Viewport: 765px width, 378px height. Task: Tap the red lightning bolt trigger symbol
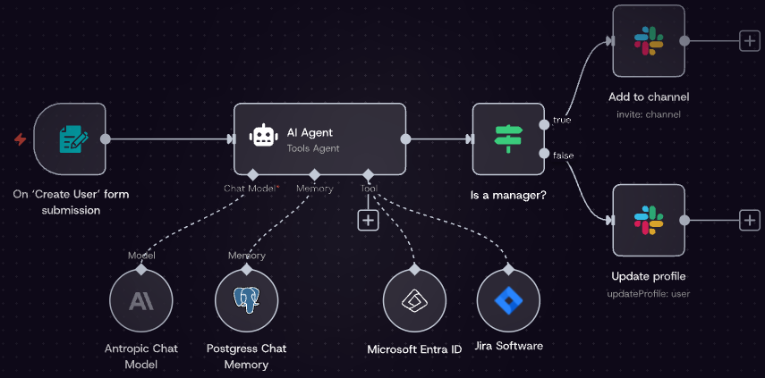click(x=20, y=139)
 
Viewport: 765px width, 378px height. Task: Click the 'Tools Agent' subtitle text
click(x=313, y=148)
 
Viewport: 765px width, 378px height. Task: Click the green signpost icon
click(x=508, y=139)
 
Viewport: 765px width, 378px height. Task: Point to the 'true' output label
click(x=562, y=119)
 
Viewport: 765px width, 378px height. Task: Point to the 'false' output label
click(x=564, y=155)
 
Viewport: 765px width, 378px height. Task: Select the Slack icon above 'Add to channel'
click(x=649, y=40)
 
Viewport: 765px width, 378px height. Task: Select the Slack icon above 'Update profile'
click(x=649, y=220)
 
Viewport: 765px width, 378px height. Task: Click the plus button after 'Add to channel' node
click(x=749, y=40)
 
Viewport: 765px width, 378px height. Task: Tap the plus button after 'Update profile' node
click(x=749, y=220)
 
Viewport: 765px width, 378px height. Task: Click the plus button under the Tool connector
click(x=368, y=220)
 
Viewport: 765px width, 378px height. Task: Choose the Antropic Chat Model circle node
click(x=140, y=300)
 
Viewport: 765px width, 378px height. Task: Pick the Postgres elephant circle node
click(x=246, y=300)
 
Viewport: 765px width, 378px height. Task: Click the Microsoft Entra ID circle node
click(x=414, y=300)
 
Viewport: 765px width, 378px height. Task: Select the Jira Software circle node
click(x=509, y=300)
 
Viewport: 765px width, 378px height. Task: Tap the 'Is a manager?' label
click(x=507, y=194)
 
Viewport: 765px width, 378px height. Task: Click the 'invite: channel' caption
click(x=649, y=114)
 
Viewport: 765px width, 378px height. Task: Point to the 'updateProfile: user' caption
click(x=649, y=293)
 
